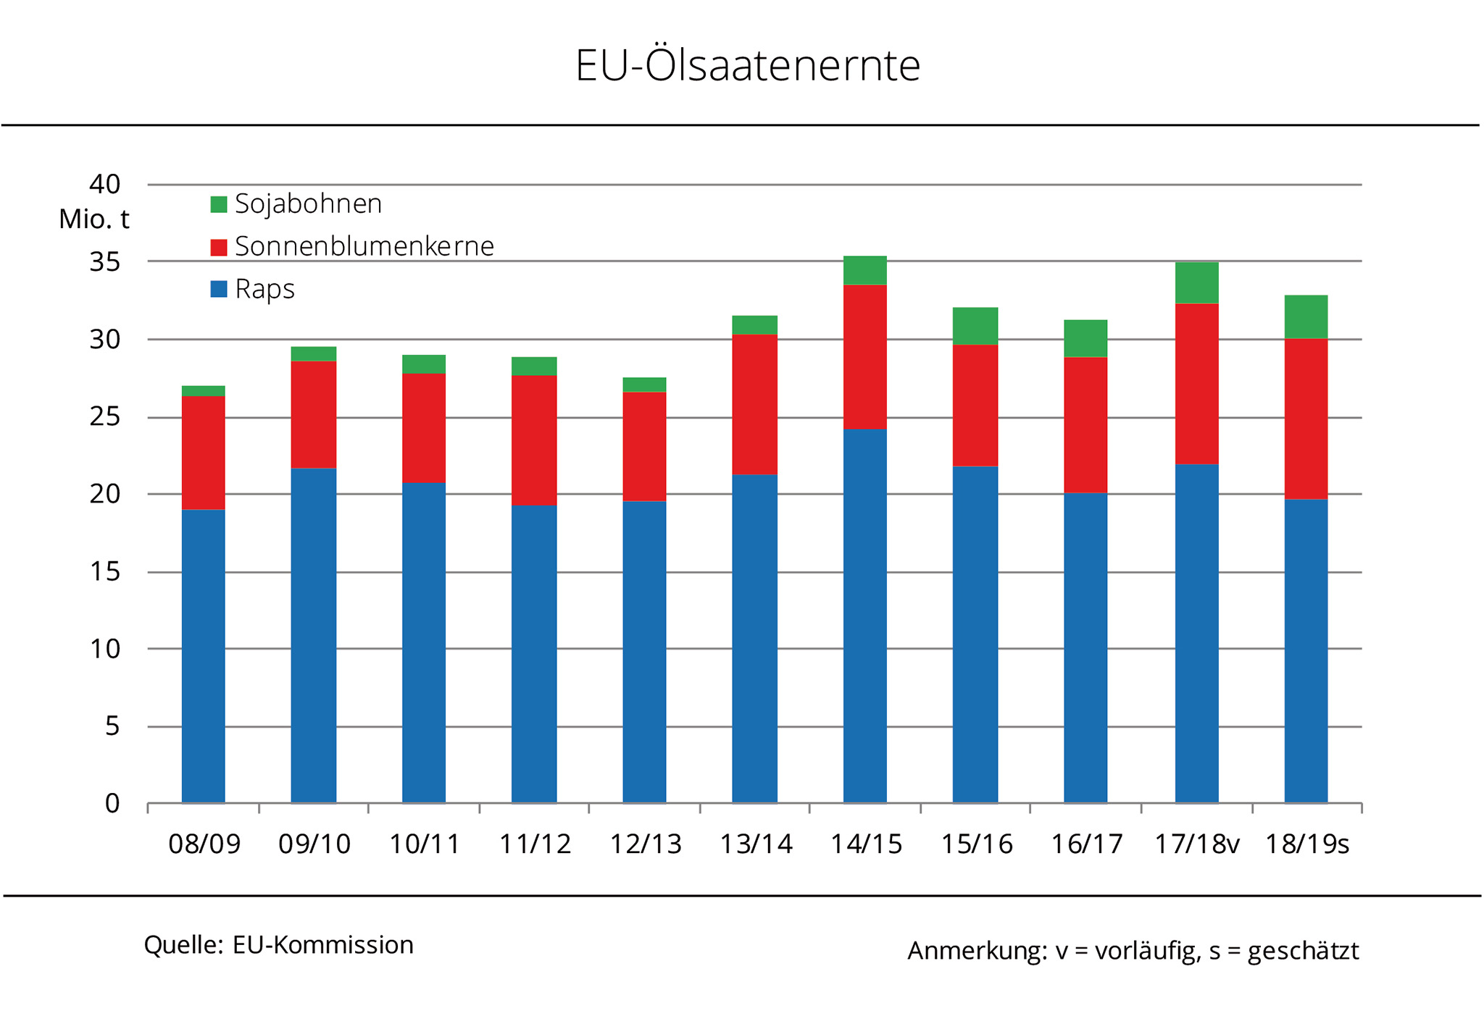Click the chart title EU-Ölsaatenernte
tap(747, 65)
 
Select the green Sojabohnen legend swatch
tap(218, 204)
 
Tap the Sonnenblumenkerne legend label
tap(364, 247)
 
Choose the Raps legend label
tap(264, 290)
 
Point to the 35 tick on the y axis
tap(104, 261)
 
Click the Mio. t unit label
tap(93, 219)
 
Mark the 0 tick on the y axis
tap(112, 803)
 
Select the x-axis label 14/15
tap(866, 844)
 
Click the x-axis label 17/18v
tap(1196, 844)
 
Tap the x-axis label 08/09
tap(204, 844)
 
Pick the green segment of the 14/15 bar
tap(864, 270)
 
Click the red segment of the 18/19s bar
tap(1306, 419)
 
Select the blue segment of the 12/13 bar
tap(644, 652)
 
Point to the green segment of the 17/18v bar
tap(1196, 282)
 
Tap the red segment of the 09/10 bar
tap(313, 414)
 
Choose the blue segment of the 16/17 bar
tap(1085, 648)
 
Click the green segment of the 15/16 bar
tap(975, 326)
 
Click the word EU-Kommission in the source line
tap(322, 945)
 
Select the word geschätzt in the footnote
tap(1303, 951)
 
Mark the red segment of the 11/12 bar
tap(534, 440)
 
